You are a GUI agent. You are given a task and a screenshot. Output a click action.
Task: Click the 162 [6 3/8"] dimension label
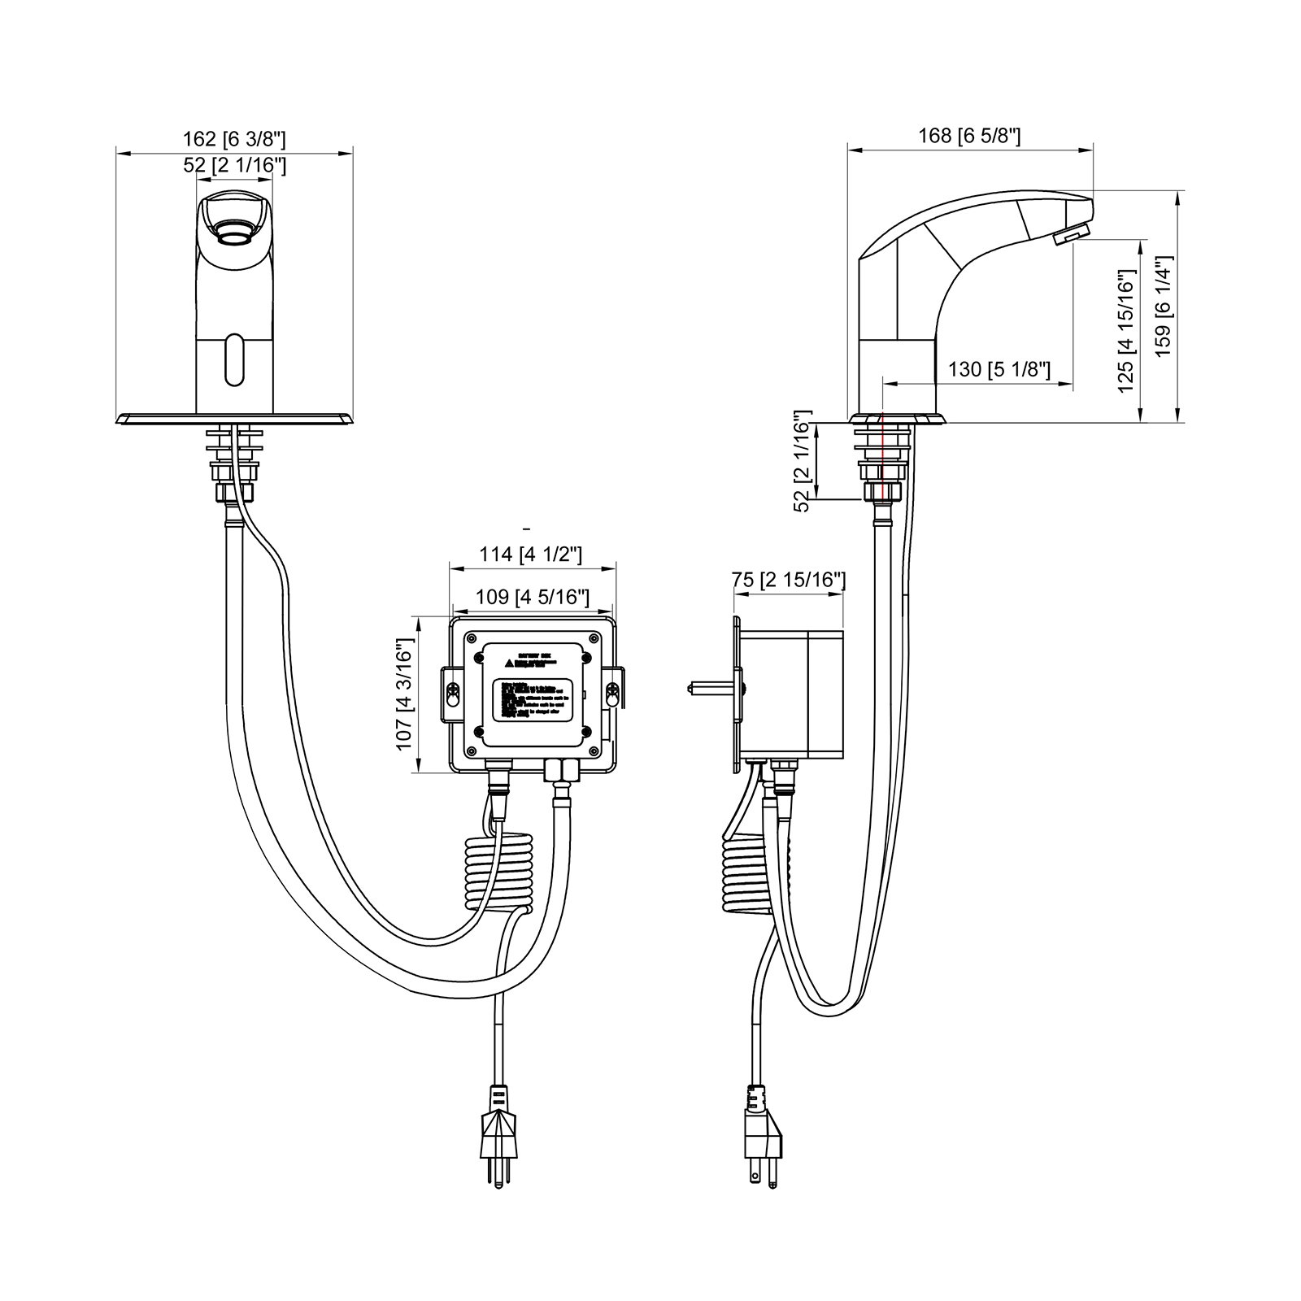pos(234,139)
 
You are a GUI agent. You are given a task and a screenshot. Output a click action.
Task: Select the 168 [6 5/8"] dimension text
pos(969,135)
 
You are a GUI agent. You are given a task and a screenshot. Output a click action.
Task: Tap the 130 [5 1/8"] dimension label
pos(999,370)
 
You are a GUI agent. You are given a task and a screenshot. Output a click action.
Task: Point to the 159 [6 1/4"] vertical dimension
pos(1163,307)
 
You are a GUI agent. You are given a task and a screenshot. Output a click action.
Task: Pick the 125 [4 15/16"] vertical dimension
pos(1126,331)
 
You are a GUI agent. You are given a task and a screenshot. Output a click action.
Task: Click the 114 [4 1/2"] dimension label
pos(530,555)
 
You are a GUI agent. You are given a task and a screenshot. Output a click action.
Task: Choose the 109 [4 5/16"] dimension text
pos(532,597)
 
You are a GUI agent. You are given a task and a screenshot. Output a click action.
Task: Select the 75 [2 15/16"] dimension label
pos(789,580)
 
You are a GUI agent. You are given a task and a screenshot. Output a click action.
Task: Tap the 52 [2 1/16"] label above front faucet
pos(234,165)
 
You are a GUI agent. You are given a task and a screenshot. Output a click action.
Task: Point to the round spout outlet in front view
pos(235,236)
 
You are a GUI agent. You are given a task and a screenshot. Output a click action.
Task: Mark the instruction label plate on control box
pos(532,694)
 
